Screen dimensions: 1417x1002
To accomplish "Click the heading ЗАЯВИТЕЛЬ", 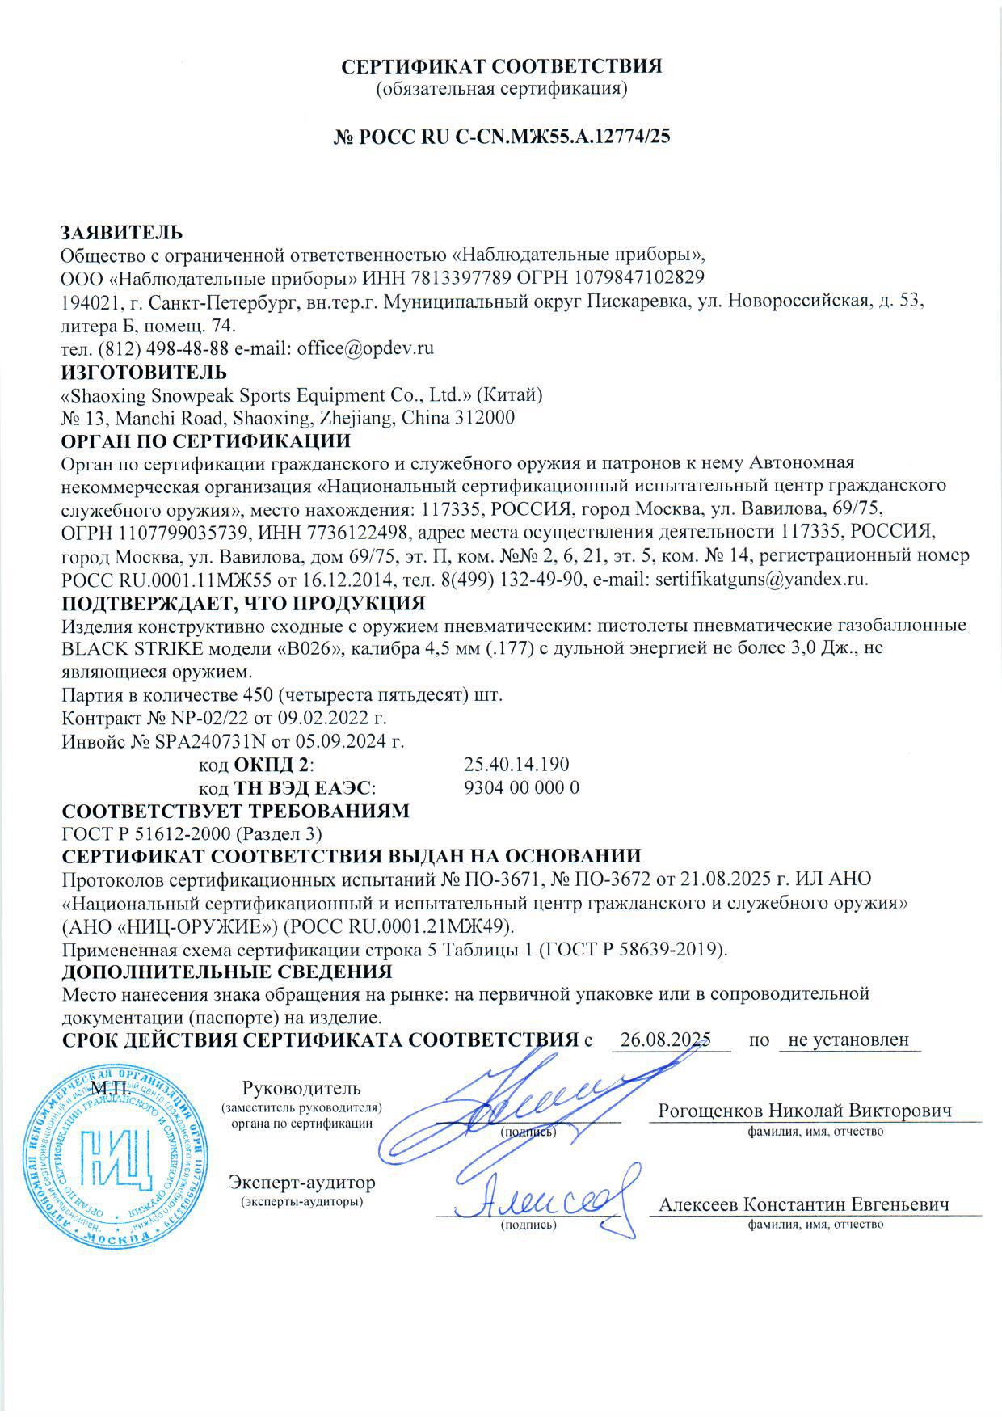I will [122, 233].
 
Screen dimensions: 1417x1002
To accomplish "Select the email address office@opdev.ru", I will [366, 349].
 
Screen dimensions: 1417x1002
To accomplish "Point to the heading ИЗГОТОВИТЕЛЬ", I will [145, 373].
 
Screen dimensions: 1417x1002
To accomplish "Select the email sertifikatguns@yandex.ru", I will [761, 580].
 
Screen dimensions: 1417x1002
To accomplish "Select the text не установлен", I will [848, 1040].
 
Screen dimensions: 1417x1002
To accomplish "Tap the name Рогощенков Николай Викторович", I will [805, 1111].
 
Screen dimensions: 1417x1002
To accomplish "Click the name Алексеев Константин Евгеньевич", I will [803, 1204].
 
